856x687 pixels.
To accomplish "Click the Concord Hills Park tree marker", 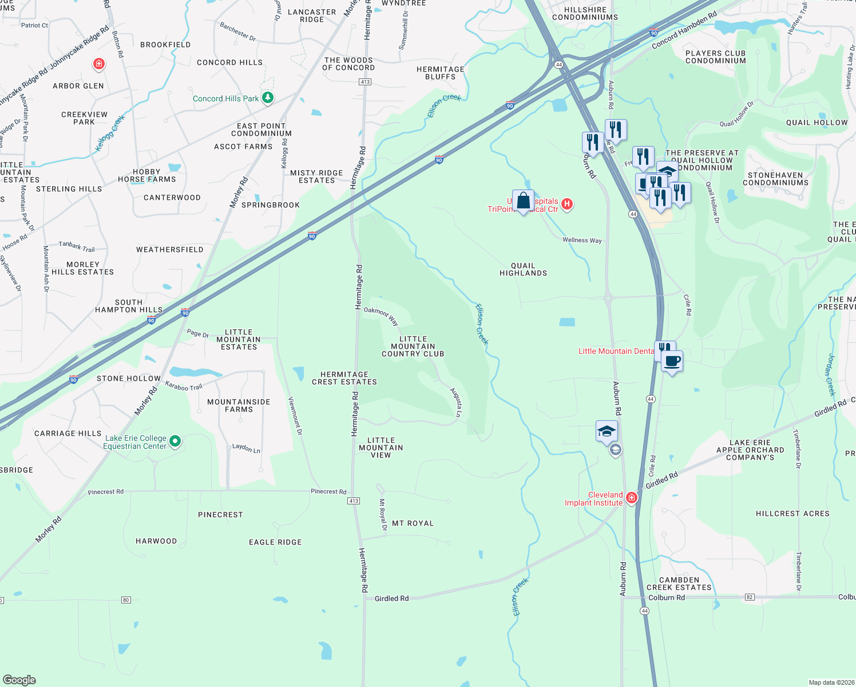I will [x=267, y=98].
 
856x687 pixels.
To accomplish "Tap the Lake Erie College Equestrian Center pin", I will [x=176, y=441].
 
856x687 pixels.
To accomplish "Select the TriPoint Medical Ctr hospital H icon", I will [x=567, y=204].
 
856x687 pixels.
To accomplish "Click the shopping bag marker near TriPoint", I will [x=523, y=201].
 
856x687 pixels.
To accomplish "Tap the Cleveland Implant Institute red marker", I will [x=631, y=498].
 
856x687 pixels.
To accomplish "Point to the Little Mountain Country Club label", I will [x=413, y=346].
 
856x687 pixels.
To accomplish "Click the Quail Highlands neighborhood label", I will [x=523, y=270].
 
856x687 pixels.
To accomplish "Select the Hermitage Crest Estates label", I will [x=344, y=378].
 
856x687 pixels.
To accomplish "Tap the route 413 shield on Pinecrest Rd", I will [x=354, y=501].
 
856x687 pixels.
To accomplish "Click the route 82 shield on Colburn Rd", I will [x=750, y=597].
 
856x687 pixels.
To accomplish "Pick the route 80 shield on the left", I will [x=126, y=600].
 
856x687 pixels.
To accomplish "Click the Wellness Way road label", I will [x=582, y=240].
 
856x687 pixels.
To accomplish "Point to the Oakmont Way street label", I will [x=381, y=315].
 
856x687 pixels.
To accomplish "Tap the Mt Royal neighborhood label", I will [x=413, y=523].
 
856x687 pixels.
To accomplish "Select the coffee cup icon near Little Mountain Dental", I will [x=672, y=361].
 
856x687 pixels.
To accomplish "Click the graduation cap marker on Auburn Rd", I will [x=607, y=432].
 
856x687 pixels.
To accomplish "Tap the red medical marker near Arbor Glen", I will [x=99, y=64].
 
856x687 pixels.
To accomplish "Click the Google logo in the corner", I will [x=19, y=680].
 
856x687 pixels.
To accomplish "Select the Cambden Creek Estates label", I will [x=679, y=583].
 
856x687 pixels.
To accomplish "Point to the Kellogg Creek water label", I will [x=110, y=133].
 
